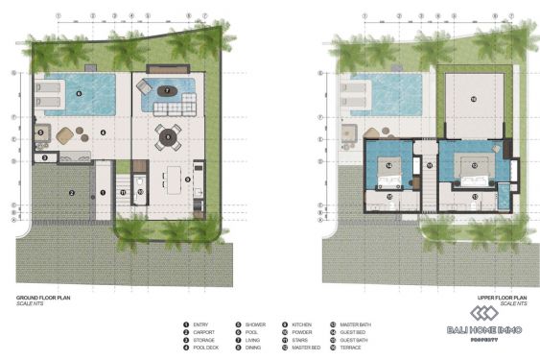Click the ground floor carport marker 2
tap(71, 192)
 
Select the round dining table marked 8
tap(169, 137)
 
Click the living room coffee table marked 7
tap(168, 90)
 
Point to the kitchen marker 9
tap(189, 178)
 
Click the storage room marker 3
tap(44, 156)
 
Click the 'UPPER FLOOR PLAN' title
tap(503, 299)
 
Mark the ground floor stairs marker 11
tap(124, 191)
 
